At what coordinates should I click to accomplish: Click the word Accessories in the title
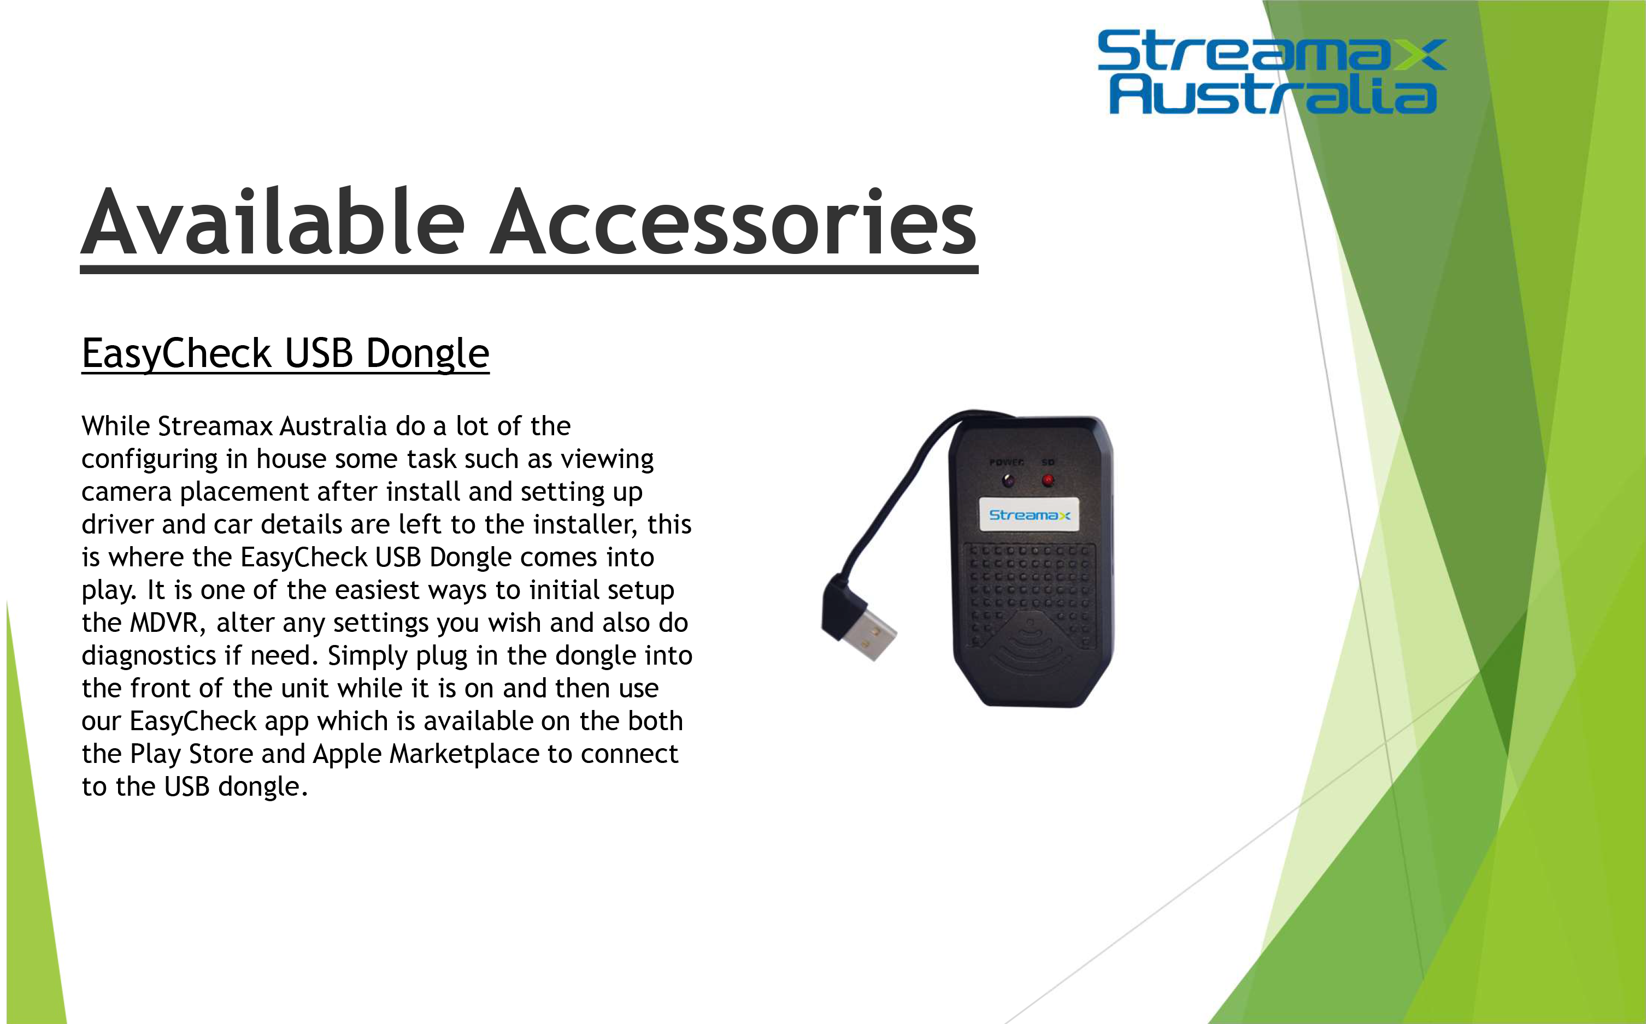click(733, 222)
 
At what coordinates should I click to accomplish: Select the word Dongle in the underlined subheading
click(427, 354)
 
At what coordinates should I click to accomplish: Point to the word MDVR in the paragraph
click(164, 623)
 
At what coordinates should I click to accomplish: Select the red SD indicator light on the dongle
click(1048, 480)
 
